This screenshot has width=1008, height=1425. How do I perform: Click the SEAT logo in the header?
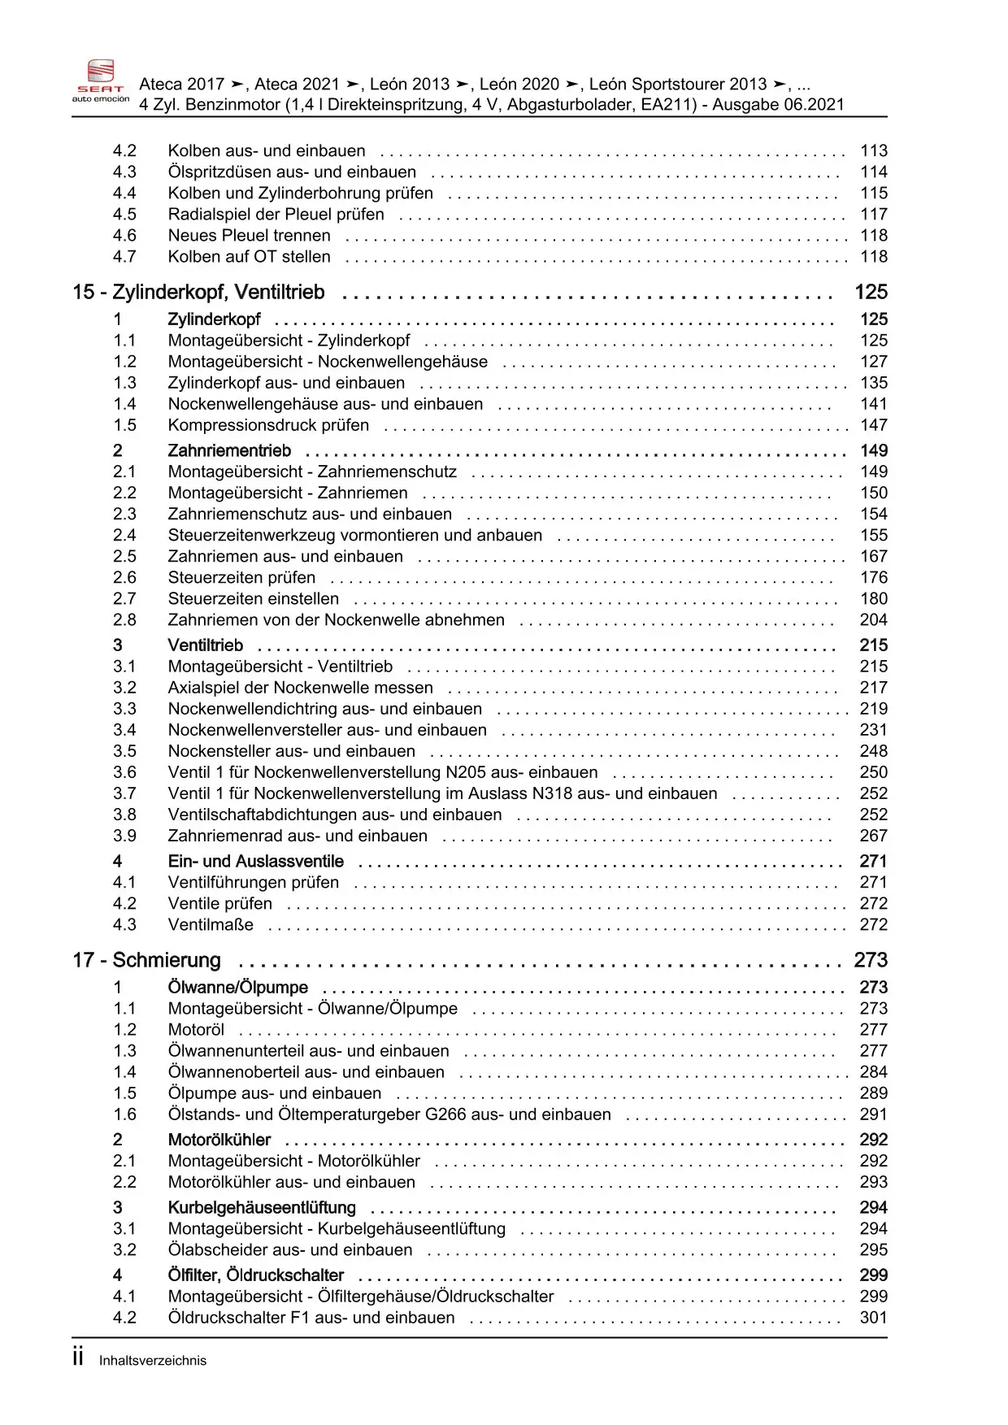click(101, 80)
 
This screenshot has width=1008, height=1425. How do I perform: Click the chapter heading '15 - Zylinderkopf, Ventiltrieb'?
click(198, 293)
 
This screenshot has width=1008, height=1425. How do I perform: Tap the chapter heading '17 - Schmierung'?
click(146, 961)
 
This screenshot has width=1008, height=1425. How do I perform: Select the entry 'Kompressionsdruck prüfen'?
click(268, 425)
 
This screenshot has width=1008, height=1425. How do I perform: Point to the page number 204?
click(874, 620)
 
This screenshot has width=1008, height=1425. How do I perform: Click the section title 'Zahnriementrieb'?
click(229, 451)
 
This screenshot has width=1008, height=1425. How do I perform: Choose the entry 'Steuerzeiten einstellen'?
click(254, 599)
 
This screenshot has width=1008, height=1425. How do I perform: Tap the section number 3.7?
click(124, 794)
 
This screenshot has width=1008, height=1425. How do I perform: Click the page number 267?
click(874, 836)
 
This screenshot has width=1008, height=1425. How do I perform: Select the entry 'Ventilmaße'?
click(211, 925)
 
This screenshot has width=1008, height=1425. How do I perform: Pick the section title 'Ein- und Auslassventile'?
click(255, 862)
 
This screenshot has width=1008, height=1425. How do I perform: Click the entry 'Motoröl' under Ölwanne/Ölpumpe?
click(196, 1030)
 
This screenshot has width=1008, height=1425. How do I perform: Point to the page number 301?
click(874, 1318)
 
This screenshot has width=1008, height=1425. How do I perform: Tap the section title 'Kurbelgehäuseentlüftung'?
click(262, 1208)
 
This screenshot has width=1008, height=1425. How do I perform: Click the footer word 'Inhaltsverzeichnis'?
click(153, 1361)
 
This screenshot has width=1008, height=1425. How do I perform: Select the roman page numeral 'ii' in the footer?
click(78, 1358)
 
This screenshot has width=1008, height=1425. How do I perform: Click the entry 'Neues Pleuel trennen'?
click(249, 236)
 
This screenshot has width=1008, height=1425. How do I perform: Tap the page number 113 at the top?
click(874, 151)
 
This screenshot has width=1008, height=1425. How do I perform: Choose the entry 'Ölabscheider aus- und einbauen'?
click(290, 1250)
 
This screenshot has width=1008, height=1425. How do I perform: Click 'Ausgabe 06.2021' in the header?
click(778, 105)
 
